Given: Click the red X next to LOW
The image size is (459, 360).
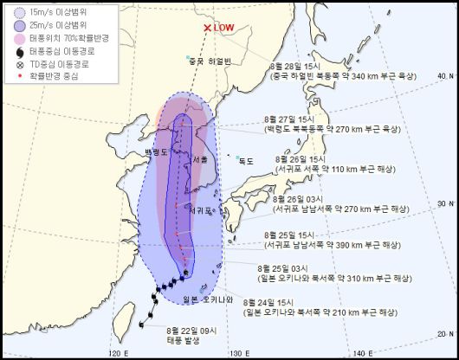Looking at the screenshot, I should point(206,28).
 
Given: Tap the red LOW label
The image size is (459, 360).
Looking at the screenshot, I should point(223,28).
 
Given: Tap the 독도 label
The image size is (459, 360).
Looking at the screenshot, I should point(246,160).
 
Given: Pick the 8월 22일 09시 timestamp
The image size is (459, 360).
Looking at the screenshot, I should point(186,329).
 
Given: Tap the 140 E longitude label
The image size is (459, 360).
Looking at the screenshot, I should point(365,353).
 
